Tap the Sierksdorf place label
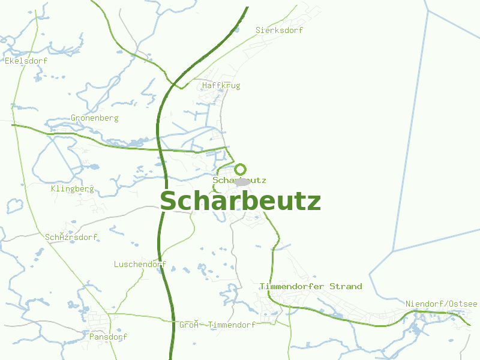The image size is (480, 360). point(279,30)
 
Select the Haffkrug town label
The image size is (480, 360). point(221,86)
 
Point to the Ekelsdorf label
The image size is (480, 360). point(26,61)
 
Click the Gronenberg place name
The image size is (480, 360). point(95,118)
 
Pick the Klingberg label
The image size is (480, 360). point(73,189)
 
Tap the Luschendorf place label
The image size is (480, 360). point(140,264)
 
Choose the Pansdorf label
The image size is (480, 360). point(108,337)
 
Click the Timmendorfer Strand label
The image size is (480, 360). point(311,286)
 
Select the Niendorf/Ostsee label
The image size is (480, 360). point(441,304)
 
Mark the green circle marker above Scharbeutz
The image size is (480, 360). point(240,169)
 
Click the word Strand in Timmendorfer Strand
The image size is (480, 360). point(346,286)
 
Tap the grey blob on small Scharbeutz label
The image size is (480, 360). point(242,181)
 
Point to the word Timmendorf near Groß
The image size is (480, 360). point(232,325)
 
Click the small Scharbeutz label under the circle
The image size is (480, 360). point(239,180)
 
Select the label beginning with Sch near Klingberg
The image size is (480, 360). point(71,238)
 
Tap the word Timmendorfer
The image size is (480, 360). point(292,286)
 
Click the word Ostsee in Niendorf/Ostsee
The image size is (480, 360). point(463,304)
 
